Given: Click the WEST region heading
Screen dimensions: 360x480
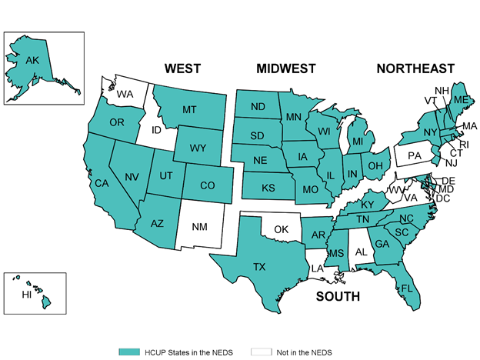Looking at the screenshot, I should tap(183, 69).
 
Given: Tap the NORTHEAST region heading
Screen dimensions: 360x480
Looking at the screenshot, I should tap(415, 69).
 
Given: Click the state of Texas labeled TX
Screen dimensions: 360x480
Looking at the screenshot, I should tap(260, 267).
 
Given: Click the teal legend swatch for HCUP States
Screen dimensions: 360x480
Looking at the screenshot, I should tap(128, 352).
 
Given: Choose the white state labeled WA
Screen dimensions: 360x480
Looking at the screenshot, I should tap(125, 94).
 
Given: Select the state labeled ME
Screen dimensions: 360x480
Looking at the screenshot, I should tap(458, 100).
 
